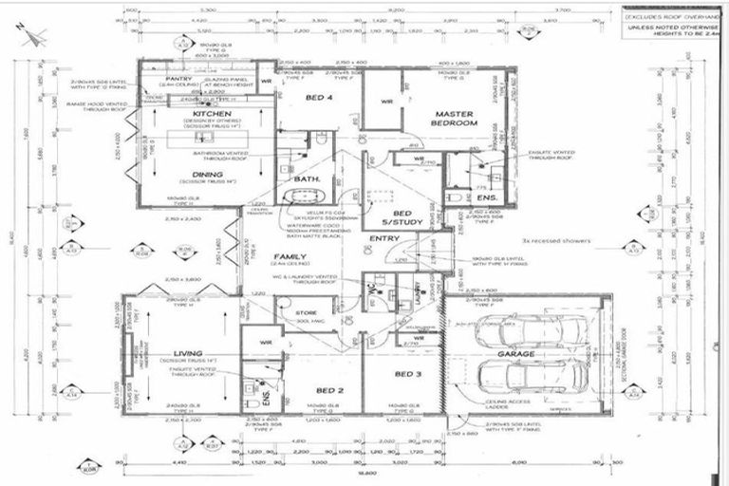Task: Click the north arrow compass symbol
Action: (x=33, y=36)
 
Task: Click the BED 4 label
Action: (x=318, y=98)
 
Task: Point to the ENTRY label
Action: (x=384, y=238)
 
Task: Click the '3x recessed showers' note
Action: (x=561, y=241)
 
